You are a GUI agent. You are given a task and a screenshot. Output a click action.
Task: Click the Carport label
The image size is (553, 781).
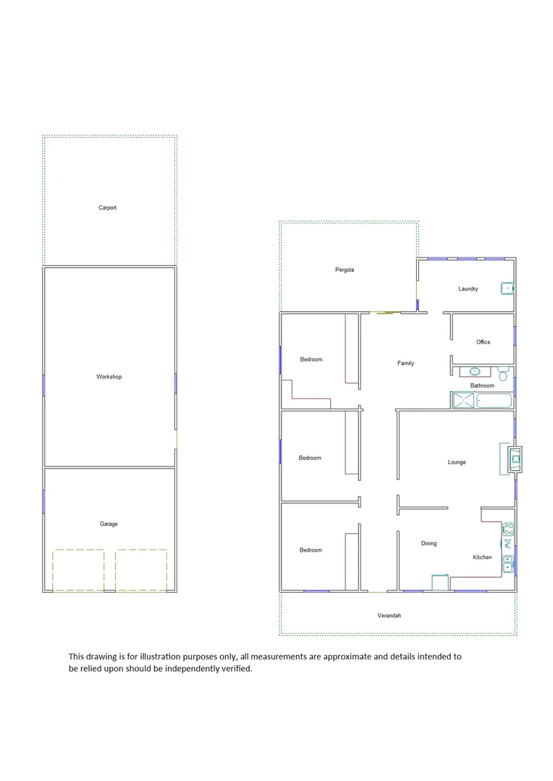point(107,208)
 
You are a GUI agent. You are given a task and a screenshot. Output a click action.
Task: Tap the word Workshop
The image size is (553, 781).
point(109,377)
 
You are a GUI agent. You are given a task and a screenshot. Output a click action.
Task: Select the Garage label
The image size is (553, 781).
point(109,524)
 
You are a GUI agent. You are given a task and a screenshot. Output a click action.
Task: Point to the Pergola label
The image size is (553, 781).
point(345,270)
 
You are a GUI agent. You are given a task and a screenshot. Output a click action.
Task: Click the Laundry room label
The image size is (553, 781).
point(468,289)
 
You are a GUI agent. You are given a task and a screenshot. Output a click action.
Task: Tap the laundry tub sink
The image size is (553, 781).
point(507,289)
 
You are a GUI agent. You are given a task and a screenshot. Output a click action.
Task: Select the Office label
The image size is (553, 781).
point(484,342)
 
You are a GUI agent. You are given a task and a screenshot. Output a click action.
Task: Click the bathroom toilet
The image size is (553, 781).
point(504,375)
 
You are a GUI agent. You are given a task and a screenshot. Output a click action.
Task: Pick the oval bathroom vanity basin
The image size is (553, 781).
point(475,372)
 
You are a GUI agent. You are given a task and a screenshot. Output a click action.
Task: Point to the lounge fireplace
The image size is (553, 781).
point(513,457)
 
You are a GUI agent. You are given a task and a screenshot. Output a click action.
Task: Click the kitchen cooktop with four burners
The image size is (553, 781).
point(508,529)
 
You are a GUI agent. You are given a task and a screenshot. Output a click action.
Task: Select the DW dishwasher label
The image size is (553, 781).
point(508,542)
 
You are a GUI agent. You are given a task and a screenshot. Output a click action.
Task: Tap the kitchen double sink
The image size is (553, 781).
point(508,563)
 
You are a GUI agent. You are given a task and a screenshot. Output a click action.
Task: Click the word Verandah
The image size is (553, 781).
point(389,615)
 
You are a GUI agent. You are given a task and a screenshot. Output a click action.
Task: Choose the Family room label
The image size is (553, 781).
point(405,363)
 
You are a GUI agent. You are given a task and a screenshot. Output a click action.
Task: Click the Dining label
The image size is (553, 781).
point(429,543)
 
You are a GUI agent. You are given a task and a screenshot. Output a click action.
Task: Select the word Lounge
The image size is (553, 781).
point(457,462)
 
